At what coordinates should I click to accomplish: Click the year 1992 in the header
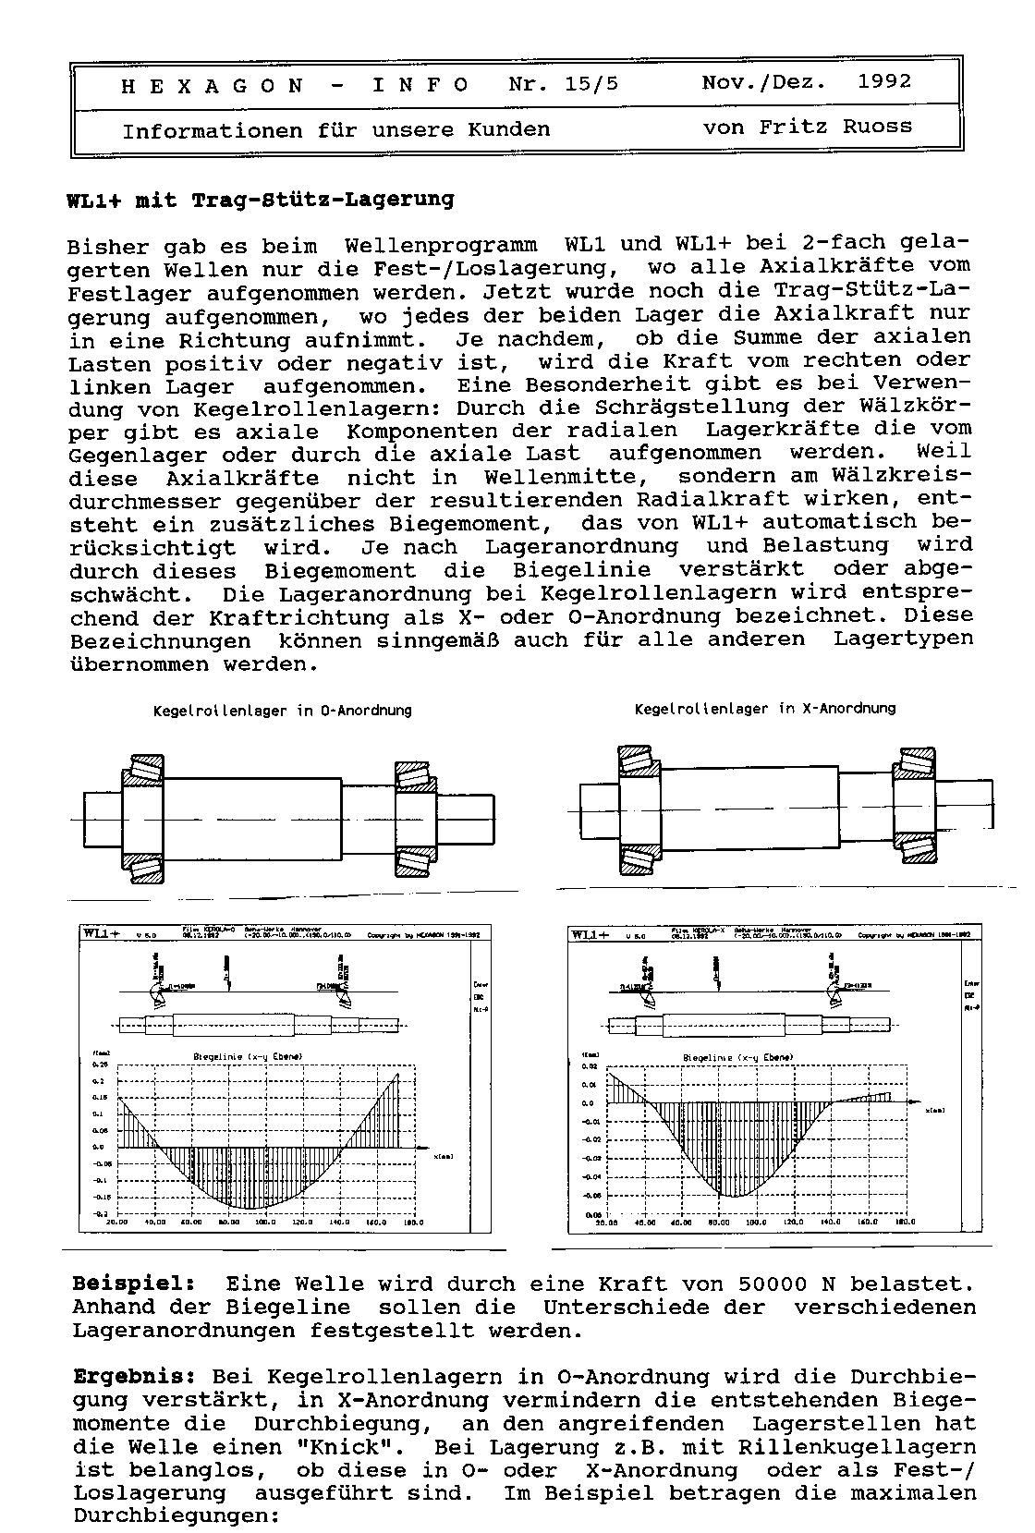884,81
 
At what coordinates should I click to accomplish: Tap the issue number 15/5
592,84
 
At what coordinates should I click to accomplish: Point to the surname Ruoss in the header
876,126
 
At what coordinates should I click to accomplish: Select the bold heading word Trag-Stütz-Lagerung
323,200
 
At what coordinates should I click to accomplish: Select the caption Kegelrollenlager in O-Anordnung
282,711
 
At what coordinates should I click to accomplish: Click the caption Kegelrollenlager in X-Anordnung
765,709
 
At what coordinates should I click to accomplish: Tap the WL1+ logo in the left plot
102,933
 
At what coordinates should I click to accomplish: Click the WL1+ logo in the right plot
591,935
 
